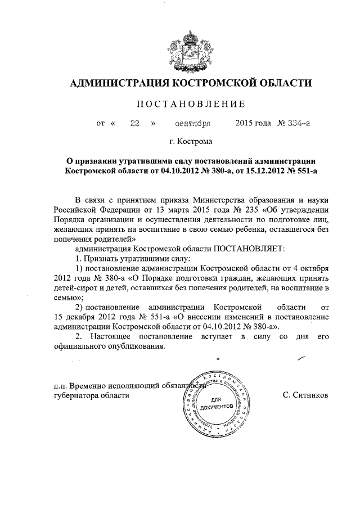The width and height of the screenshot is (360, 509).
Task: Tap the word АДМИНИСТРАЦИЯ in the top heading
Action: click(x=118, y=83)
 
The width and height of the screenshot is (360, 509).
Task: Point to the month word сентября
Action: click(x=192, y=123)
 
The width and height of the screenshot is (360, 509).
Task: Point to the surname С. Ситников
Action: click(x=305, y=395)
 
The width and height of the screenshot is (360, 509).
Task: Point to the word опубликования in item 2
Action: click(x=139, y=346)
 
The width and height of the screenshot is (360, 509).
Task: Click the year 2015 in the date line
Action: click(x=244, y=123)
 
